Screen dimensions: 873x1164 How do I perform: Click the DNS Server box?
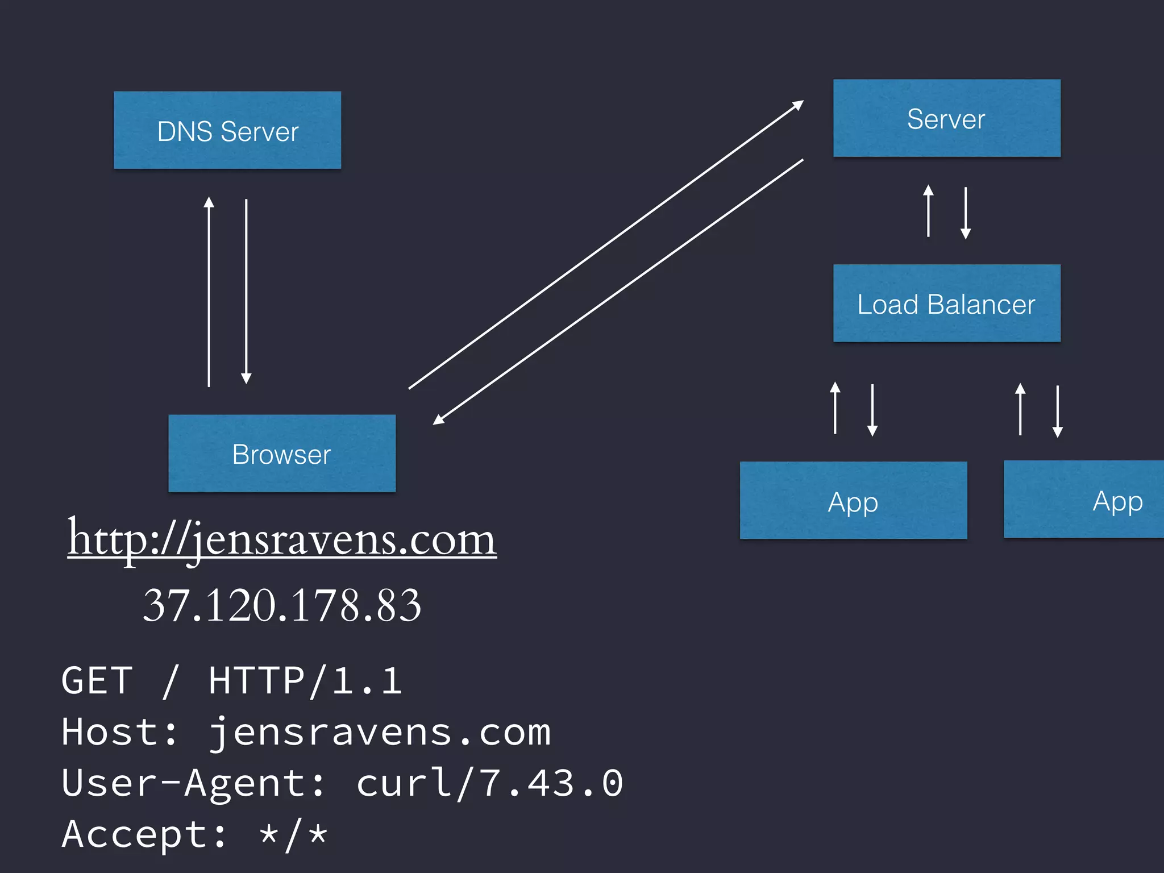click(227, 130)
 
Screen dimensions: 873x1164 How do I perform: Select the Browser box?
click(282, 454)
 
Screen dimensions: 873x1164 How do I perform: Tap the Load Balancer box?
click(946, 304)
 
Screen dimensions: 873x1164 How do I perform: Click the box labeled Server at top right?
click(946, 118)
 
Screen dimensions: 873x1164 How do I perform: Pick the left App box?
click(853, 500)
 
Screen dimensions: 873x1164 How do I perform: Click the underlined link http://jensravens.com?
click(282, 539)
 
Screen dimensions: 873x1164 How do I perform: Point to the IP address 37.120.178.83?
click(282, 605)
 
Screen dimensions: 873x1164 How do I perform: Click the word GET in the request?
click(97, 680)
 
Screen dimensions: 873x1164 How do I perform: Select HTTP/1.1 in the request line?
click(305, 680)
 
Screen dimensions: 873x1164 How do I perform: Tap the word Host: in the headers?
click(119, 731)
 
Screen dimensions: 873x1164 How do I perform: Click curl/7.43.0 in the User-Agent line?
click(489, 783)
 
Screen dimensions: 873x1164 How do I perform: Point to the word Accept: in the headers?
click(144, 834)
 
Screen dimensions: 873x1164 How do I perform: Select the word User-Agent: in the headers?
click(193, 783)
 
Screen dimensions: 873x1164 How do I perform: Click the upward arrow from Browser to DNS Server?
click(209, 292)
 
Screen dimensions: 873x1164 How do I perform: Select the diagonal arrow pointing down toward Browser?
click(618, 292)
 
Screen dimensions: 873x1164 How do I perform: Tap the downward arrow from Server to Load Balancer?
click(966, 213)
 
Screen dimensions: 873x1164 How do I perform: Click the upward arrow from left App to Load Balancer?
click(835, 408)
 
